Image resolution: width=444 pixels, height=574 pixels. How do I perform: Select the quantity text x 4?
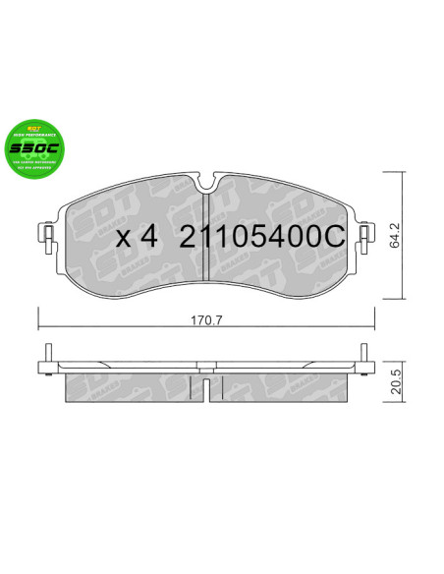click(137, 238)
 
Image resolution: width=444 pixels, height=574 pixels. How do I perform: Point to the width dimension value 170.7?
click(204, 316)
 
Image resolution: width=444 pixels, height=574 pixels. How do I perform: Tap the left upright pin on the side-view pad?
click(47, 357)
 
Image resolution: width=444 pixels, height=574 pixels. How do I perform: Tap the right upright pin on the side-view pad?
click(363, 357)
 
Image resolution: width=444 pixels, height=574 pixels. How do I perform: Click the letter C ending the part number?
click(335, 237)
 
